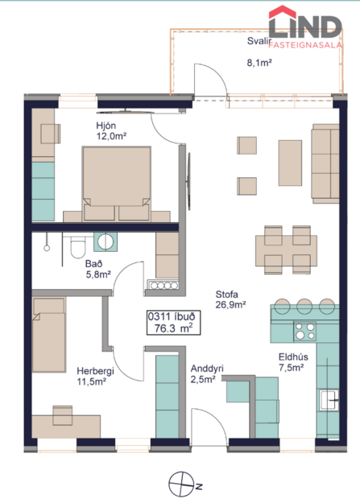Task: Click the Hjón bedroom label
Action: [106, 126]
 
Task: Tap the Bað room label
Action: [93, 263]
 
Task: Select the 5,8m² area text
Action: [96, 274]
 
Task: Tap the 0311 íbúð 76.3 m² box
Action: [171, 322]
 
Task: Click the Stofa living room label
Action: [226, 295]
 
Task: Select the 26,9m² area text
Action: [230, 305]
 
